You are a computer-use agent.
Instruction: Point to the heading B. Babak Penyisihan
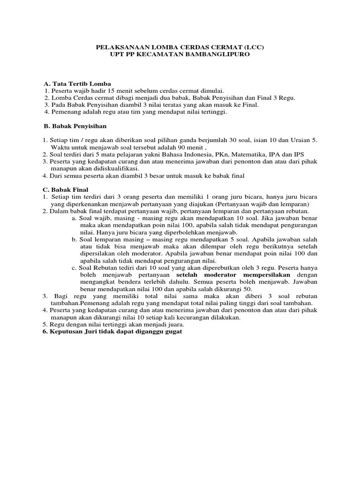(x=75, y=127)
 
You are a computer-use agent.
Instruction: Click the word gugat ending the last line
(x=171, y=331)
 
